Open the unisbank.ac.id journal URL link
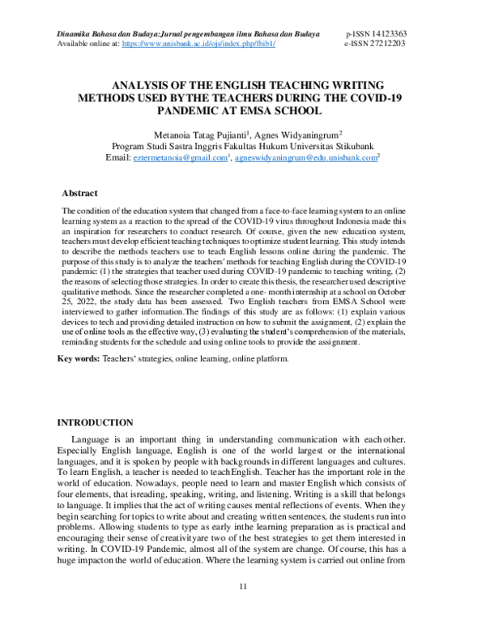click(x=198, y=45)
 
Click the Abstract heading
click(x=80, y=193)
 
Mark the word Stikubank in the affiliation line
click(x=359, y=145)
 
